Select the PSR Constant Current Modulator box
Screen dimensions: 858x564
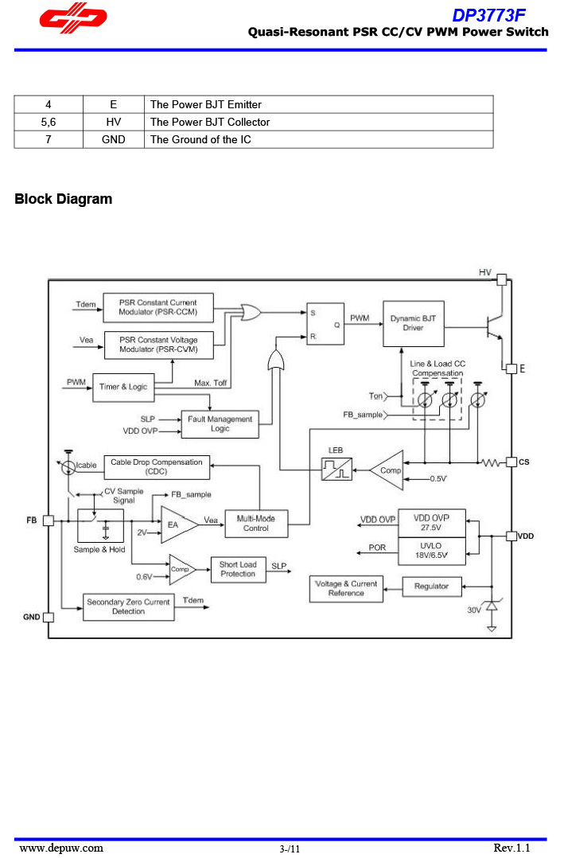(x=158, y=307)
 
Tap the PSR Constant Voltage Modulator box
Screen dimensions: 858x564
(x=158, y=345)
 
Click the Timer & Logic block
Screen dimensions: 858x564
(x=123, y=387)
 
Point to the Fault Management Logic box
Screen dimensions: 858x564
(x=220, y=424)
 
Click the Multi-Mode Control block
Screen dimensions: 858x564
(x=255, y=524)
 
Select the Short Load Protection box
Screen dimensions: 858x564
(x=238, y=570)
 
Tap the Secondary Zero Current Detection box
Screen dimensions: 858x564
(x=128, y=607)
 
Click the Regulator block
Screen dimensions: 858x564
(x=431, y=587)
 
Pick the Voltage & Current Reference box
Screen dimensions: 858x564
(x=346, y=589)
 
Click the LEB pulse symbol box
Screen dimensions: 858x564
(x=336, y=469)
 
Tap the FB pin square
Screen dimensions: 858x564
(x=49, y=520)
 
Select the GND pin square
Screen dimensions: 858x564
(x=49, y=617)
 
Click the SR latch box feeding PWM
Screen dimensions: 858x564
(x=325, y=324)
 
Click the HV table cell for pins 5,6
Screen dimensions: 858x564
(x=114, y=122)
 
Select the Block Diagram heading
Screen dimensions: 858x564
(x=64, y=199)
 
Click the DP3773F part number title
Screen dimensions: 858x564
(x=488, y=15)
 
